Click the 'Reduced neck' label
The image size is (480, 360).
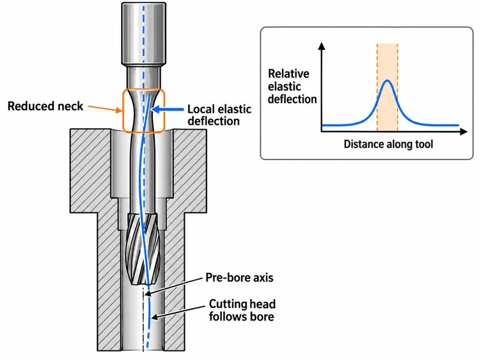tap(46, 106)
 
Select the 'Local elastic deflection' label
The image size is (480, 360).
tap(220, 115)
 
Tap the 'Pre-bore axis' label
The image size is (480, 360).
tap(239, 278)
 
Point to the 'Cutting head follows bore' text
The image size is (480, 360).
tap(242, 310)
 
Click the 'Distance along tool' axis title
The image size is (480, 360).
tap(388, 144)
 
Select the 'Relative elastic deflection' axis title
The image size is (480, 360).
tap(292, 86)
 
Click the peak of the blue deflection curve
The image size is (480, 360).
tap(388, 80)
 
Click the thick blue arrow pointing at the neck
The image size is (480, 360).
tap(167, 109)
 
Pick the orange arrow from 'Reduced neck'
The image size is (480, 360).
tap(105, 109)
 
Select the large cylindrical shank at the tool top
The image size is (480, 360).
tap(144, 34)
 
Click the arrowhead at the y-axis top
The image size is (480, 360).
tap(322, 46)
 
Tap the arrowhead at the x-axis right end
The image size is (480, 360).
tap(463, 131)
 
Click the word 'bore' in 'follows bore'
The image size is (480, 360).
tap(262, 317)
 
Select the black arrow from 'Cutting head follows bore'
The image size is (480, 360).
tap(178, 312)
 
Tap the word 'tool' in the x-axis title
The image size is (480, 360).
tap(424, 144)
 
